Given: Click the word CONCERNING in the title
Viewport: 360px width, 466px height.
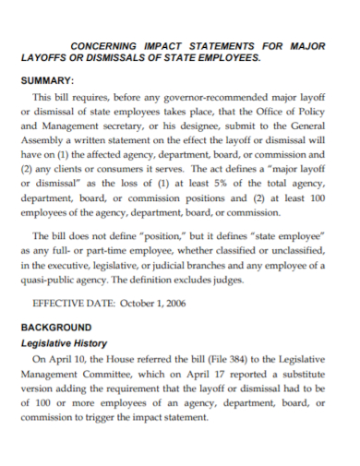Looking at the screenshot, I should tap(105, 43).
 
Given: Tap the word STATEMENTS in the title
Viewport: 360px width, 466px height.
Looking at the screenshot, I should tap(224, 43).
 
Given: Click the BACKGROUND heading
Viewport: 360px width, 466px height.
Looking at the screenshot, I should tap(56, 328).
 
